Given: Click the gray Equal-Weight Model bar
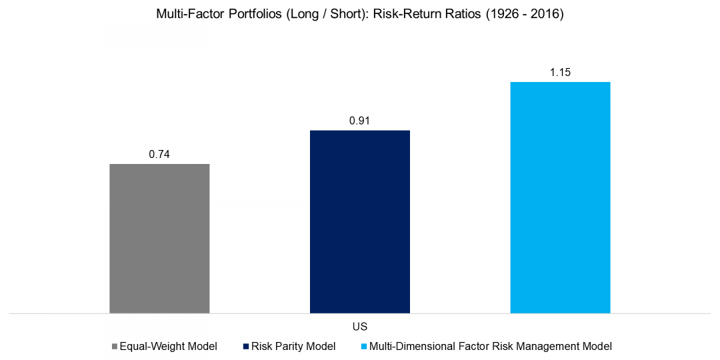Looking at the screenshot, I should [x=159, y=238].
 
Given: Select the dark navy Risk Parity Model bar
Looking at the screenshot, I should [x=360, y=221].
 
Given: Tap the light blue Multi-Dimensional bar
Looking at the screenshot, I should [x=560, y=197].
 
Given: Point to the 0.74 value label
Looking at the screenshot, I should [x=159, y=154].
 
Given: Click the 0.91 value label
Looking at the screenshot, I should [x=360, y=121].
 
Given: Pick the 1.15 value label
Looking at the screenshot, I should [x=560, y=72].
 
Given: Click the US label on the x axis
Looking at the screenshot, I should [x=360, y=327].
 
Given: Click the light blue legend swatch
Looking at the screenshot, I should [x=363, y=347].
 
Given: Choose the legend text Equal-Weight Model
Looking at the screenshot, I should [x=169, y=347].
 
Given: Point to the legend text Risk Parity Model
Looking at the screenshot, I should [x=293, y=347].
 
